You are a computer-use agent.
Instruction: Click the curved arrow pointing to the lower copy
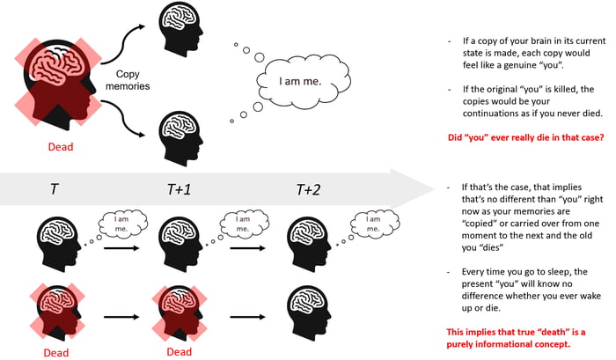132,132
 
